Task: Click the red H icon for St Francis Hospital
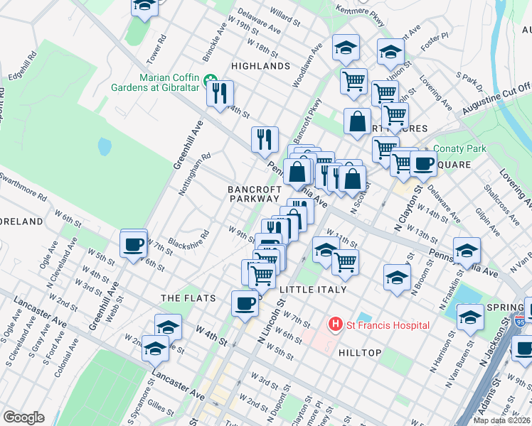point(334,325)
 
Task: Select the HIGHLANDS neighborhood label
point(261,66)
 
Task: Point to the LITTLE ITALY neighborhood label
point(313,290)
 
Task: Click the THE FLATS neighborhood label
point(188,298)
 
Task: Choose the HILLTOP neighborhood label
point(360,353)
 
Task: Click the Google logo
point(23,417)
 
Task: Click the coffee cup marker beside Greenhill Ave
point(134,245)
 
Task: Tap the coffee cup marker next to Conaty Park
point(423,164)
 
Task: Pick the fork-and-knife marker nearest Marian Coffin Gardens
point(220,93)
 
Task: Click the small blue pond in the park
point(105,147)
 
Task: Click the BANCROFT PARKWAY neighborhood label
point(254,195)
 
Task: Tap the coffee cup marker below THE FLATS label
point(245,304)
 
